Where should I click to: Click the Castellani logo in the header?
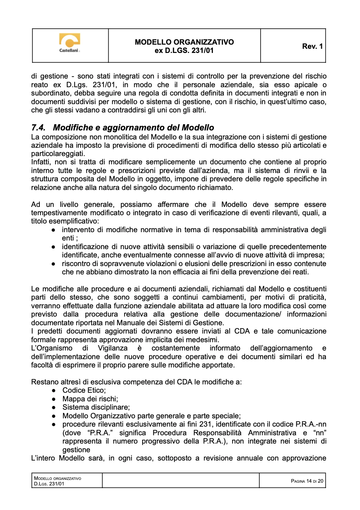click(x=70, y=43)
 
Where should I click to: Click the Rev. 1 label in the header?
click(x=312, y=46)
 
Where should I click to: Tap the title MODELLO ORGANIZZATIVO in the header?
click(x=184, y=42)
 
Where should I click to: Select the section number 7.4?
click(x=38, y=128)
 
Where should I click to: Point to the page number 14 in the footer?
click(x=309, y=481)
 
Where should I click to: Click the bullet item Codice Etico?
click(x=84, y=390)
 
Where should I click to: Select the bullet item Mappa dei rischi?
click(x=90, y=399)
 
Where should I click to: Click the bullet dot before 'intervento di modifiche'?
click(x=54, y=230)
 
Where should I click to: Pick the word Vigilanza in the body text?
click(x=112, y=348)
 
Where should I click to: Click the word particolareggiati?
click(x=58, y=154)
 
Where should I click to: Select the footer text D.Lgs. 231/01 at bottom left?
click(x=49, y=484)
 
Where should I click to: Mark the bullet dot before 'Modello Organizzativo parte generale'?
click(x=54, y=416)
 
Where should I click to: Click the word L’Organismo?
click(x=52, y=348)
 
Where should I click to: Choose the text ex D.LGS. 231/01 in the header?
click(x=184, y=51)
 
